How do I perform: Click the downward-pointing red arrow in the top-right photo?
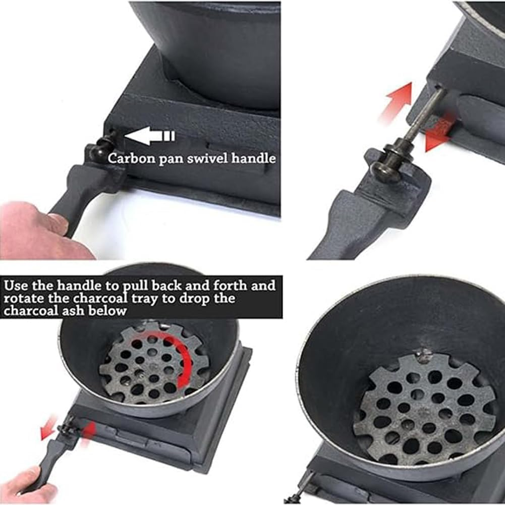[436, 133]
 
